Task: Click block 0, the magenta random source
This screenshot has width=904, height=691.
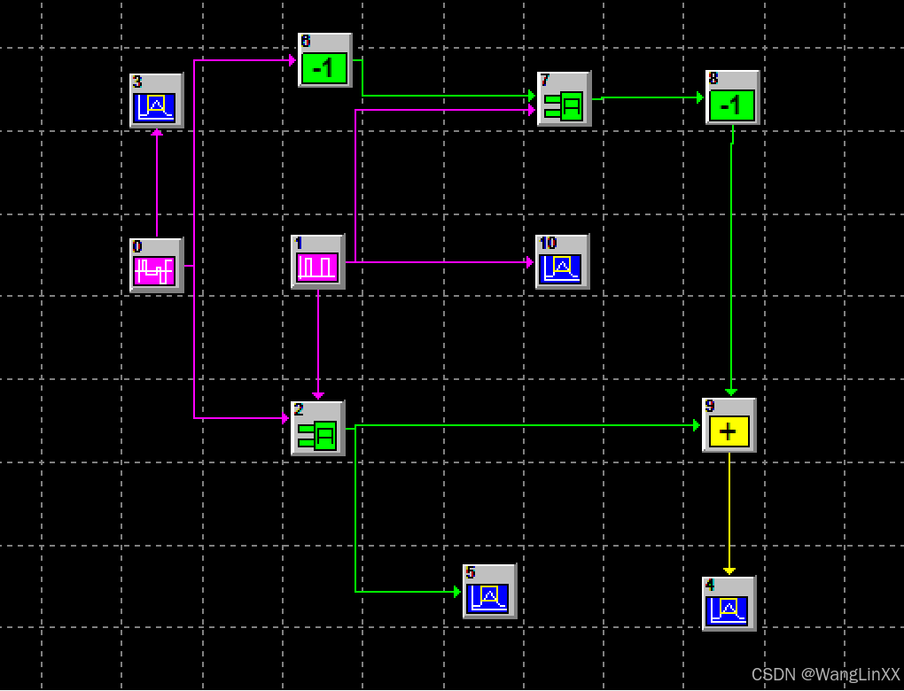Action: (x=156, y=265)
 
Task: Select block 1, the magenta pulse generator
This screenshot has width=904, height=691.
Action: (x=317, y=262)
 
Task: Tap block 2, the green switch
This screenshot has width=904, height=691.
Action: (x=317, y=429)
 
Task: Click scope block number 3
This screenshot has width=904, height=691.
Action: (x=156, y=101)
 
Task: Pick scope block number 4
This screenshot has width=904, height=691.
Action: (x=729, y=604)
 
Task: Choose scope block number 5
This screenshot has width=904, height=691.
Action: (x=489, y=592)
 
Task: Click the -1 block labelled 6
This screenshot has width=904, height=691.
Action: (x=324, y=61)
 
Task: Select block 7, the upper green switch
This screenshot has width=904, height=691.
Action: (x=564, y=99)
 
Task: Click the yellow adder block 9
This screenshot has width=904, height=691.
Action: (x=729, y=426)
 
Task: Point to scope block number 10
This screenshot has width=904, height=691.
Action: (x=562, y=262)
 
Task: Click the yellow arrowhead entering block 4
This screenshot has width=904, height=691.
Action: (x=729, y=571)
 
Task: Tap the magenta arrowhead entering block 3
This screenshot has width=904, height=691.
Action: (x=157, y=132)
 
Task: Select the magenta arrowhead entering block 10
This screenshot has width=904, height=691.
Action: (x=529, y=262)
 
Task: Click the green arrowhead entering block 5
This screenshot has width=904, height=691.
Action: (x=456, y=592)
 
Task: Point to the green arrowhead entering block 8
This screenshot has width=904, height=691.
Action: (x=699, y=97)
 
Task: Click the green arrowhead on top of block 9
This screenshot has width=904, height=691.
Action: (x=731, y=392)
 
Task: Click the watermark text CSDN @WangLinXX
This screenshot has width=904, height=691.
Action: (x=825, y=675)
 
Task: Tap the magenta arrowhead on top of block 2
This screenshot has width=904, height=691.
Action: (x=318, y=395)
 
